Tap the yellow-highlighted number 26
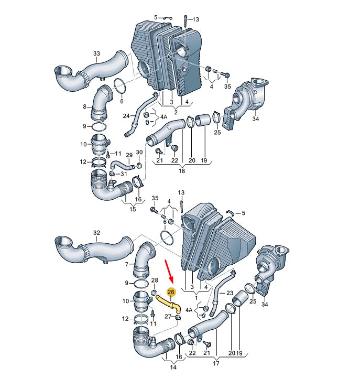pyautogui.click(x=171, y=292)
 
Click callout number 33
pyautogui.click(x=96, y=53)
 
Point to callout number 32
pyautogui.click(x=96, y=232)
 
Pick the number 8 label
pyautogui.click(x=84, y=107)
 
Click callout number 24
pyautogui.click(x=126, y=116)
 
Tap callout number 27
pyautogui.click(x=168, y=317)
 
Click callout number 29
pyautogui.click(x=129, y=155)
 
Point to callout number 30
pyautogui.click(x=139, y=153)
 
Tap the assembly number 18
pyautogui.click(x=182, y=171)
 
